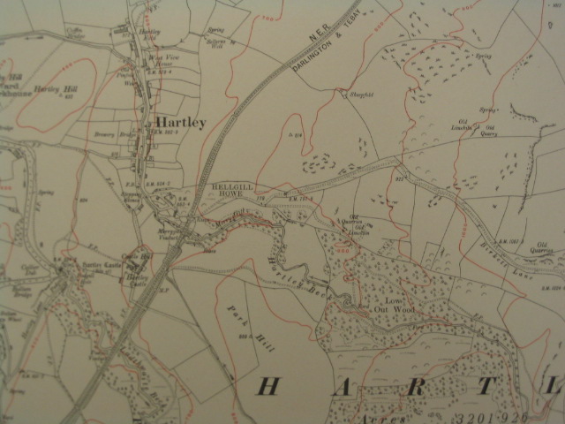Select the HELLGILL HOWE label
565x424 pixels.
232,192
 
